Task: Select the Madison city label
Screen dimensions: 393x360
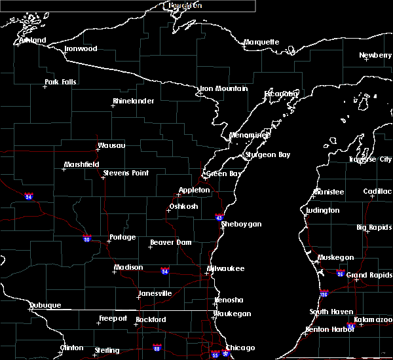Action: click(128, 268)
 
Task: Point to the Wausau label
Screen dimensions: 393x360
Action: click(111, 146)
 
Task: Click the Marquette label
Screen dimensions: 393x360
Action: click(261, 43)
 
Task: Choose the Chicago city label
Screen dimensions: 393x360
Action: click(240, 348)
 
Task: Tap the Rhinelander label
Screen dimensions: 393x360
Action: click(133, 101)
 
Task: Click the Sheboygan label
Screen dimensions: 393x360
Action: click(242, 225)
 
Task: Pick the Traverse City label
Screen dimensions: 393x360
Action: click(370, 160)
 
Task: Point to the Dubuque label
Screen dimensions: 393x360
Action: click(45, 306)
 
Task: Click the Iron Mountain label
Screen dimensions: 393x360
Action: click(224, 89)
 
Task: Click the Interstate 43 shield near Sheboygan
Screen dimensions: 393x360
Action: click(219, 217)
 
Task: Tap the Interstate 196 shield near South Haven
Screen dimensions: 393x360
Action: click(324, 294)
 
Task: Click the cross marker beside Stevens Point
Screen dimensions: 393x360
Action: click(102, 177)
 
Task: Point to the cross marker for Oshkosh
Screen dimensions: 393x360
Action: click(168, 210)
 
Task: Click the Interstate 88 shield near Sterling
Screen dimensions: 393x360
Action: click(157, 348)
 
